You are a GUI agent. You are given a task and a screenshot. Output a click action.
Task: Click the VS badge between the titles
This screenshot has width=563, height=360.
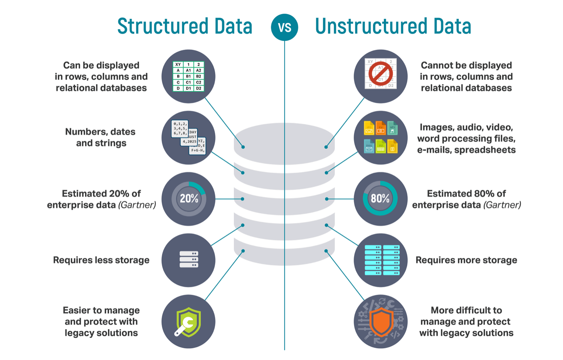pos(284,27)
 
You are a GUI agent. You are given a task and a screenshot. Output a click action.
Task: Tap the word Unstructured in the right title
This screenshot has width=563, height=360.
pos(367,26)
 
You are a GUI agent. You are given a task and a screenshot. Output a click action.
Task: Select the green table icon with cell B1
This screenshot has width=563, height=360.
pos(188,76)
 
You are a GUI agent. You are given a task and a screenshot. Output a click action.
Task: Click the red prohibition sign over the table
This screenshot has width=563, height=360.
pos(380,74)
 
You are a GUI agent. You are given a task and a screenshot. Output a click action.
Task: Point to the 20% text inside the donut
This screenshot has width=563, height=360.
pos(189,199)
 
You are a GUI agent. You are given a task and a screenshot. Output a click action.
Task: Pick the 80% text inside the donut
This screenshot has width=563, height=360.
pos(380,199)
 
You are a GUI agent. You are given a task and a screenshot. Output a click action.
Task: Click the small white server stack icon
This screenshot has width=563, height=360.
pos(189,260)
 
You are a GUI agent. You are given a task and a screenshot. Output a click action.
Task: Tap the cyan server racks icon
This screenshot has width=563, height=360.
pos(381,260)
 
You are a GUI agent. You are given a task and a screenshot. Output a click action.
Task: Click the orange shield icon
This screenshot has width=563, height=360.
pos(381,321)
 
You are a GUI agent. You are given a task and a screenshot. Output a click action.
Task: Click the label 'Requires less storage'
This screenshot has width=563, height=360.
pos(101,260)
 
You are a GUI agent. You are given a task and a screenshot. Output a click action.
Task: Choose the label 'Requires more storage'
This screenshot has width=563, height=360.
pos(466,260)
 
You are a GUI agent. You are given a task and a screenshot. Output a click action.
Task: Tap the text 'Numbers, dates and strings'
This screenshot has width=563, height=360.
pos(101,137)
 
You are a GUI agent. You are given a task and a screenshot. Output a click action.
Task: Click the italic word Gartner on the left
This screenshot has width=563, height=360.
pos(137,205)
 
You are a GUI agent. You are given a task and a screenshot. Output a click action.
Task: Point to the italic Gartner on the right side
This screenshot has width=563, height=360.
pos(502,205)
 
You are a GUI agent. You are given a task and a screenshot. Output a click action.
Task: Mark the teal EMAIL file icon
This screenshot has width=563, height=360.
pos(369,147)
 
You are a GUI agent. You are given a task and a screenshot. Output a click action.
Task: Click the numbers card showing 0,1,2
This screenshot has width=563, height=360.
pos(180,128)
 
